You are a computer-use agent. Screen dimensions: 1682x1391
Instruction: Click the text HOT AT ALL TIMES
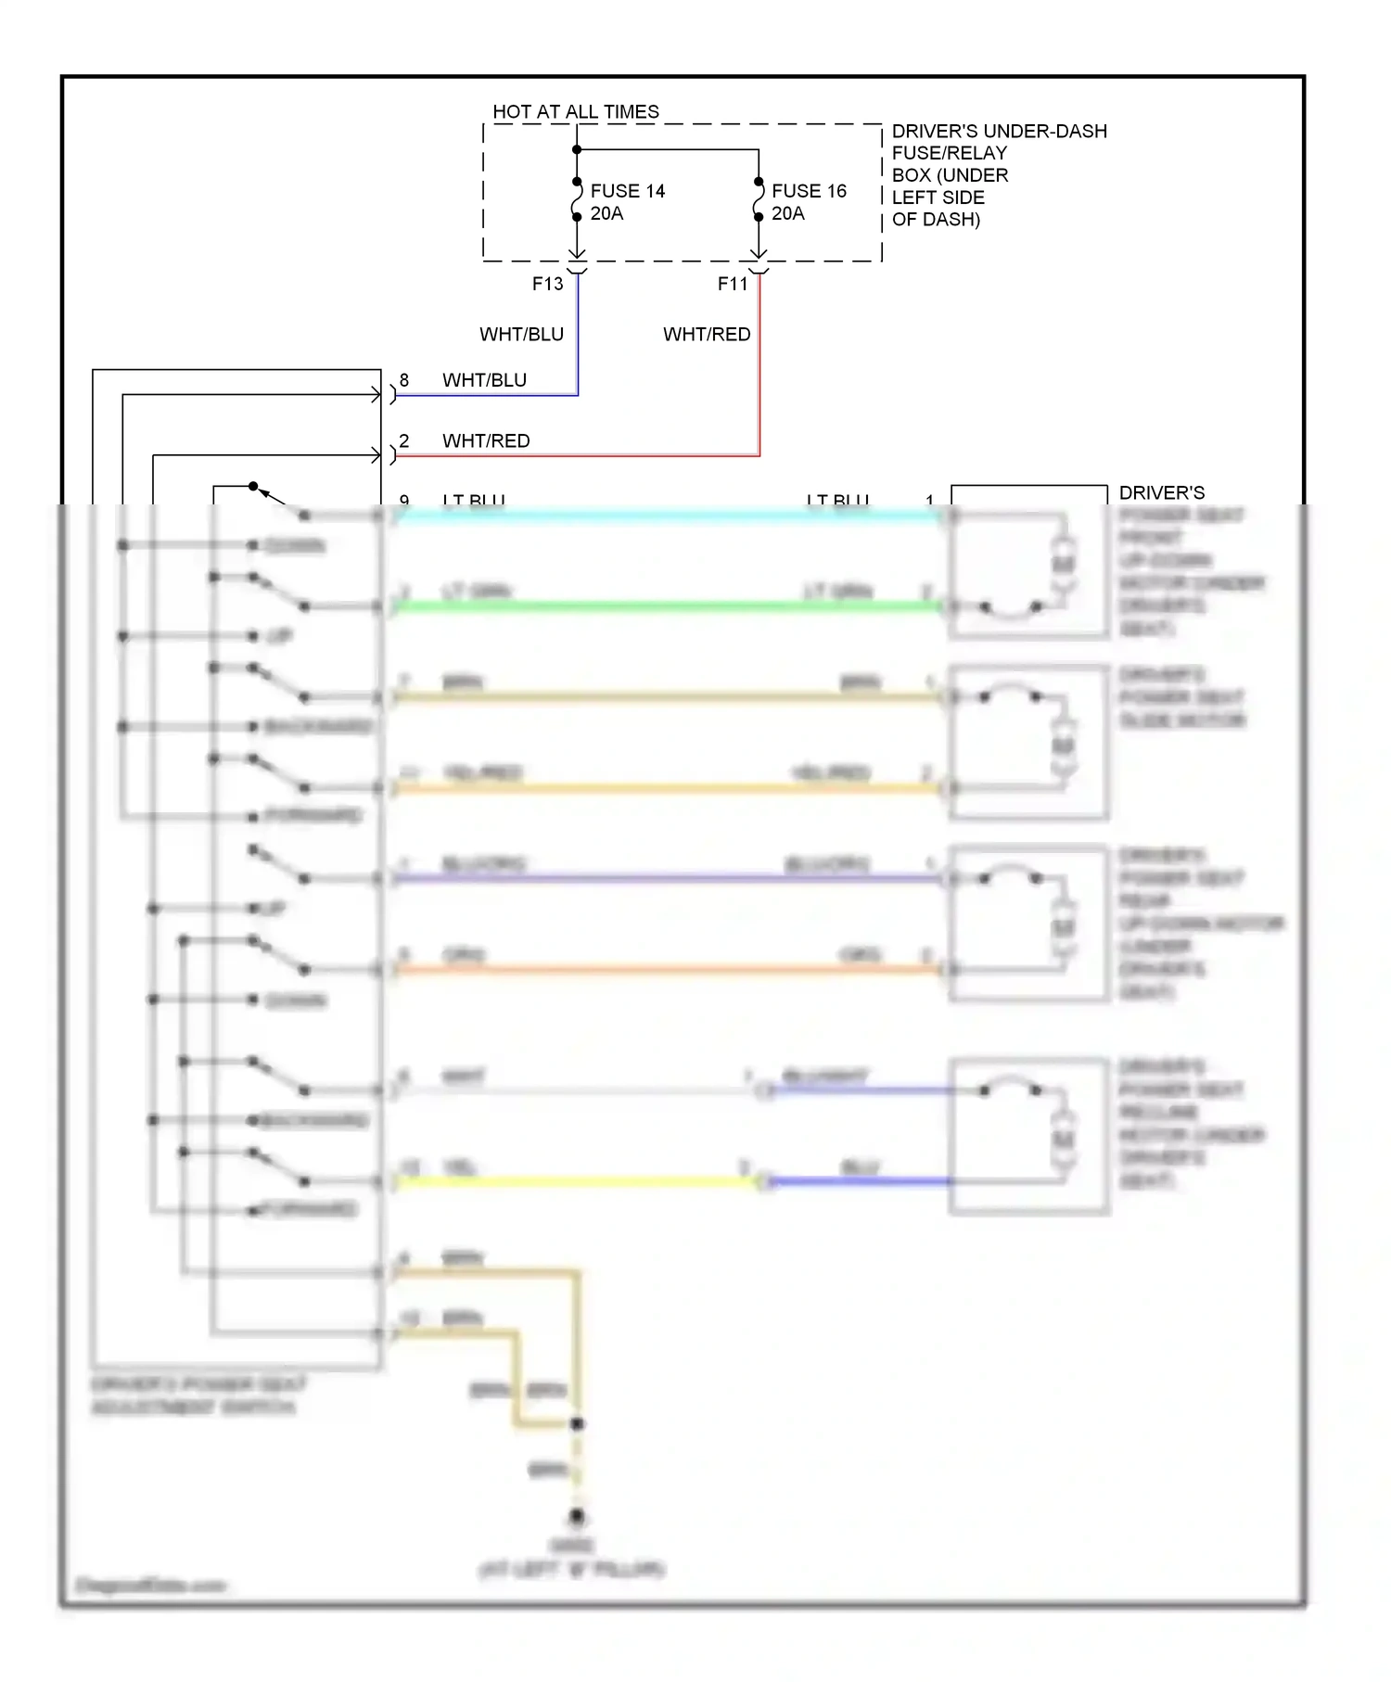click(x=575, y=111)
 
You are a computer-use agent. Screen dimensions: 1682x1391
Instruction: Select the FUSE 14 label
click(x=627, y=191)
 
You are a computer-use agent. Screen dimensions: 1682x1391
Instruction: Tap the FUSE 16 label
click(x=809, y=191)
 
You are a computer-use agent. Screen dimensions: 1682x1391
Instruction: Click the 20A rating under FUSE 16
click(x=787, y=213)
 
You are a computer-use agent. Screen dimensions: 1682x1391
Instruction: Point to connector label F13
click(x=547, y=284)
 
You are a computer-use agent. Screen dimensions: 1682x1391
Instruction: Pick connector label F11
click(x=732, y=284)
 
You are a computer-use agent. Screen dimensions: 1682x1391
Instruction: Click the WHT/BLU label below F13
click(x=521, y=334)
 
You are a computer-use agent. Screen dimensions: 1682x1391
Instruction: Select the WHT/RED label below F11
click(x=707, y=334)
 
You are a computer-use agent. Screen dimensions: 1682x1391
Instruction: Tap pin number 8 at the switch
click(x=404, y=380)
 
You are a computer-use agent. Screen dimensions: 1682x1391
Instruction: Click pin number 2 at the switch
click(x=404, y=440)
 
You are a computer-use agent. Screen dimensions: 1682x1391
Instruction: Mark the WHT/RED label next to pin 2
click(x=486, y=440)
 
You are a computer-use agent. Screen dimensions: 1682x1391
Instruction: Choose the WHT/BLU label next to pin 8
click(x=484, y=380)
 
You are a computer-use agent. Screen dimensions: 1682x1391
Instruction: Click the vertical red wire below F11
click(x=759, y=371)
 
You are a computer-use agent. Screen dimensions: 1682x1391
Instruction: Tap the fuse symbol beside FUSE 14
click(x=577, y=199)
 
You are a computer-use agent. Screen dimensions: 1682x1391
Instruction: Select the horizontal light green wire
click(x=668, y=606)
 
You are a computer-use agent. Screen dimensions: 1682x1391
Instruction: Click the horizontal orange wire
click(x=668, y=970)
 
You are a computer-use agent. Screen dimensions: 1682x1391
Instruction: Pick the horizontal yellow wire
click(x=575, y=1181)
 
